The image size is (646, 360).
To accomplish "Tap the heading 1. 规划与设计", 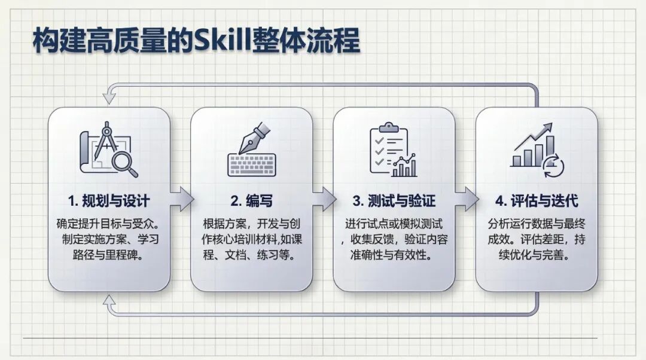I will (109, 200).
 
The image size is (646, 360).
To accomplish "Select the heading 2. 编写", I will (252, 200).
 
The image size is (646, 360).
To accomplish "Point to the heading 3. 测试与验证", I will (394, 200).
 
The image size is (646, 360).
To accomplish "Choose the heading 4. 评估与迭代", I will (537, 200).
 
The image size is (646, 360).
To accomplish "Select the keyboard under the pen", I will (251, 165).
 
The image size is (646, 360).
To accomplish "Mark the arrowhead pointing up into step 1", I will (109, 301).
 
